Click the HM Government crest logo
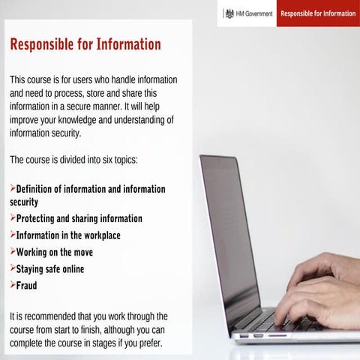tap(229, 13)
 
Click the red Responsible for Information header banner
tap(318, 13)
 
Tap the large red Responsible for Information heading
tap(85, 45)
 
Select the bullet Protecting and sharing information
tap(79, 218)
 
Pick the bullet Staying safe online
tap(50, 268)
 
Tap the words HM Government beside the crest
tap(254, 13)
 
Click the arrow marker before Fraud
tap(13, 285)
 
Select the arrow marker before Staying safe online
tap(13, 268)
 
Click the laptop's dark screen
tap(228, 232)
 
